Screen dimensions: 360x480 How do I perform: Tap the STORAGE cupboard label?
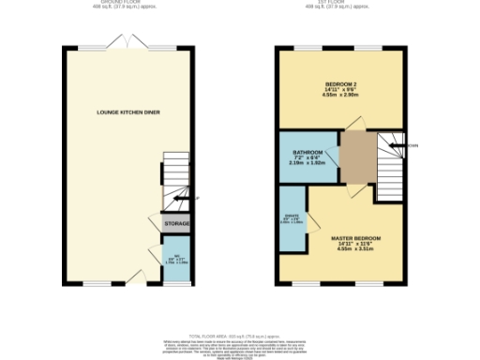177,224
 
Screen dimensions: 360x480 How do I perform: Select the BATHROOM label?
307,152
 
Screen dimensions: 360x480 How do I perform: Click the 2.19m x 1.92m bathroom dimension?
307,163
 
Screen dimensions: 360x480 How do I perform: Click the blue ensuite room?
292,220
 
